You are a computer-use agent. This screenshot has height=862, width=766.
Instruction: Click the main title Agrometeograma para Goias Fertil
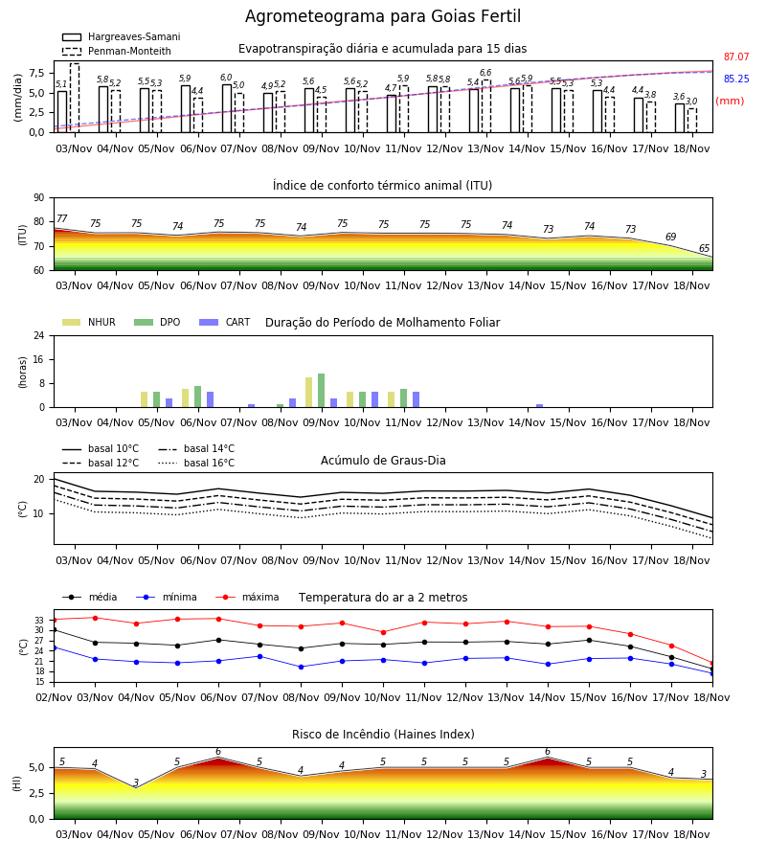[382, 16]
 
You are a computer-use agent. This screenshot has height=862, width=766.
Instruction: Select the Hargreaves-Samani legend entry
[122, 36]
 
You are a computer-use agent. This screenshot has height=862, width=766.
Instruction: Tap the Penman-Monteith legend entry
[117, 51]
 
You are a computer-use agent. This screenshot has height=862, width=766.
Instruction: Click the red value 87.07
[736, 57]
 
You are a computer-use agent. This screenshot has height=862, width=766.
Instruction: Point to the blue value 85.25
[736, 79]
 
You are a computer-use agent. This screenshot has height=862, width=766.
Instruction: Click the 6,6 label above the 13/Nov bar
[485, 73]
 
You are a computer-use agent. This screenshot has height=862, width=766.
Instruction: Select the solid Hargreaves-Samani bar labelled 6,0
[227, 108]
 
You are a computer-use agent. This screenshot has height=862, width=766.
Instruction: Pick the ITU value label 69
[670, 237]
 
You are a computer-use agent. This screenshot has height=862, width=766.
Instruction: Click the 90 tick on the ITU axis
[39, 198]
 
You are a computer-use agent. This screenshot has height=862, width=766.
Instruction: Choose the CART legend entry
[225, 322]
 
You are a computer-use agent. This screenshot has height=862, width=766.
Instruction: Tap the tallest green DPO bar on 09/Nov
[321, 391]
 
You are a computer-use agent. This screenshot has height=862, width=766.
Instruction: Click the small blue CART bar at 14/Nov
[540, 406]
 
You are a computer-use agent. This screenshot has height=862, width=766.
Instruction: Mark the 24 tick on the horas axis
[39, 335]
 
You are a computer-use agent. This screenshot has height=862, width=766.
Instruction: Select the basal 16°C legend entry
[196, 463]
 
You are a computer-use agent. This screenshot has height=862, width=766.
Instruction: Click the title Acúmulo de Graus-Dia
[383, 461]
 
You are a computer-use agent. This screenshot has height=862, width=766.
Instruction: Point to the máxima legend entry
[247, 597]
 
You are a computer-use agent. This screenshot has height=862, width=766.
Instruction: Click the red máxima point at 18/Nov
[712, 663]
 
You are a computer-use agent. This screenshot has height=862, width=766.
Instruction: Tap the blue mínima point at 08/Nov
[301, 667]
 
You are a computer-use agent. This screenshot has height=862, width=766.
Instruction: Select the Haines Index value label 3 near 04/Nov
[136, 783]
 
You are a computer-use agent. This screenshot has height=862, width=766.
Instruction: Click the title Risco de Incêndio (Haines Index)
[383, 735]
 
